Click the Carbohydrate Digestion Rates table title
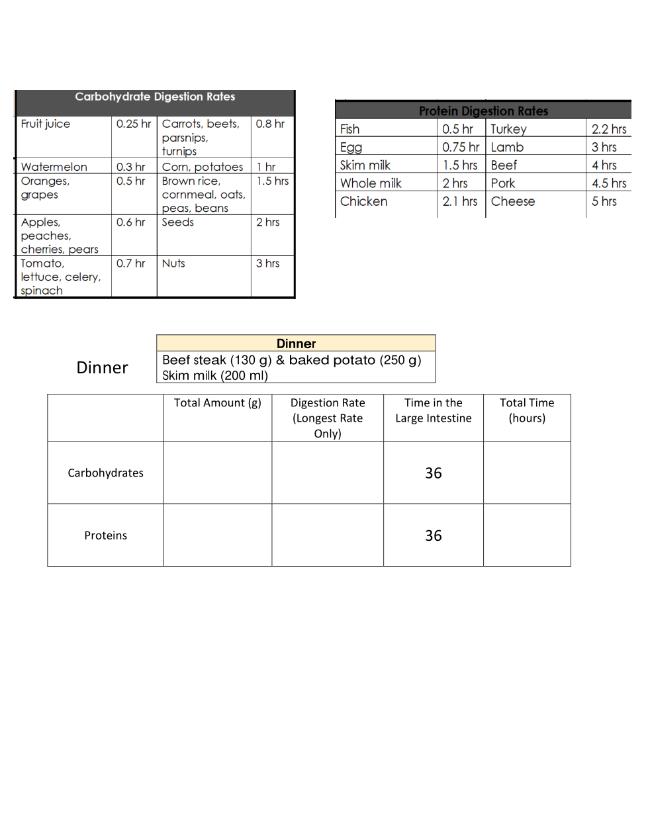tap(155, 97)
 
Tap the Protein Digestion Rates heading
tap(483, 111)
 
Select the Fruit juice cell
tap(46, 124)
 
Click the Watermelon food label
tap(54, 167)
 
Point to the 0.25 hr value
tap(134, 124)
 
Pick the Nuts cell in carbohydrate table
tap(173, 263)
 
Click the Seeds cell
tap(178, 222)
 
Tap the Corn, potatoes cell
tap(203, 167)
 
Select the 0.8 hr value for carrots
tap(270, 124)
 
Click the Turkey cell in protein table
tap(508, 129)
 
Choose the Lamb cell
tap(507, 147)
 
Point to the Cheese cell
tap(513, 201)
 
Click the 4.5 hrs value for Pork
tap(609, 183)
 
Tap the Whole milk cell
tap(371, 183)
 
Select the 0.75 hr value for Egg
tap(461, 147)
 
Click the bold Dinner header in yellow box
tap(296, 344)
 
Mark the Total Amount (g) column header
tap(218, 402)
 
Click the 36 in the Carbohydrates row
tap(434, 473)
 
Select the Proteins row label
tap(106, 535)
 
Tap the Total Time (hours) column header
tap(527, 410)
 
